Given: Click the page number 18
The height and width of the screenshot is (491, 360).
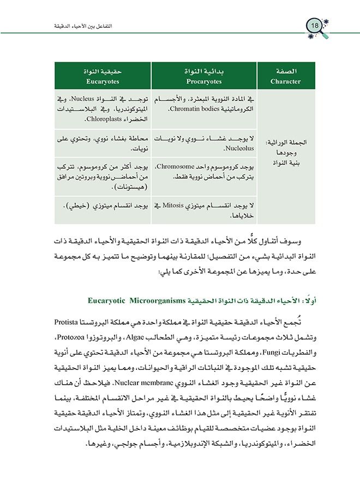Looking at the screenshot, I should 315,26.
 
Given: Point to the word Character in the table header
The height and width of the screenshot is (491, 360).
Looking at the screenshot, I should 285,81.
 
